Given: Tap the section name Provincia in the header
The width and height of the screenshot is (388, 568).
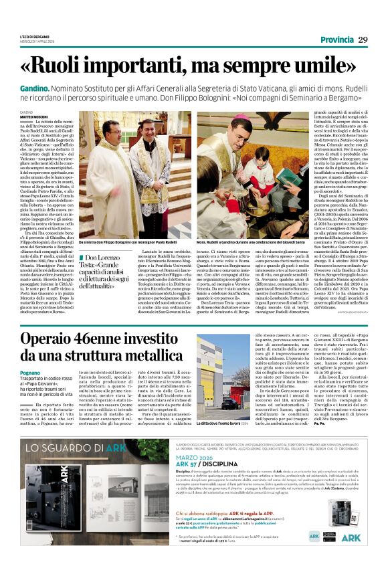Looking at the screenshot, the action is pos(337,40).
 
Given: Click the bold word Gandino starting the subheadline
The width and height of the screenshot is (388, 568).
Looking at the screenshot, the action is pos(33,88).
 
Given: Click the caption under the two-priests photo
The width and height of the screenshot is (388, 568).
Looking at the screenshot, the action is pos(118,241).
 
